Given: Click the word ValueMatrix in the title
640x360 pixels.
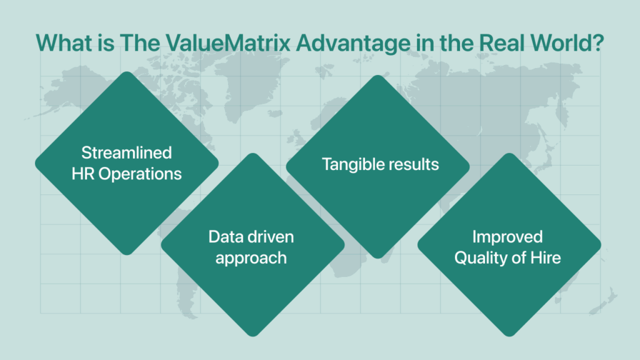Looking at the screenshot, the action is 227,42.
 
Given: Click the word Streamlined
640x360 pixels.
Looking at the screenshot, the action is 126,152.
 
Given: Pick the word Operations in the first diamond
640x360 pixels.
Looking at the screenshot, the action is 140,174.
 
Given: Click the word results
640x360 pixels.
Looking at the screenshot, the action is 414,164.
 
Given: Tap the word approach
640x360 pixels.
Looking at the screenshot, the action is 251,259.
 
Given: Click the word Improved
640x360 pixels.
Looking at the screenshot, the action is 507,237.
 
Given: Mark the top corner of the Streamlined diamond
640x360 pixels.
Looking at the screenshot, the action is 127,72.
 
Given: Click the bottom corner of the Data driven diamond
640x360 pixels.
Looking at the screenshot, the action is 253,336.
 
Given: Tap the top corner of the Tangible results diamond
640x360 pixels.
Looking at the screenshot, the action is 378,76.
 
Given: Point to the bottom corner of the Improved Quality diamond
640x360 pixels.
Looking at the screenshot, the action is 509,336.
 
